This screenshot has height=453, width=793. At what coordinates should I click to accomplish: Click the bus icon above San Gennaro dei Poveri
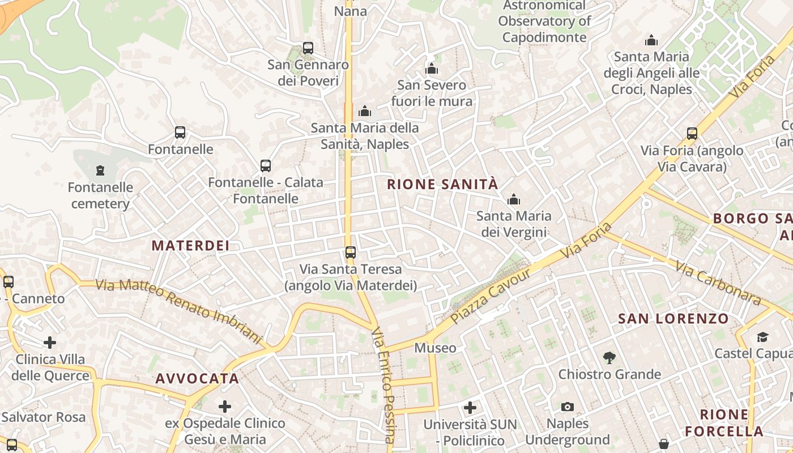(x=308, y=48)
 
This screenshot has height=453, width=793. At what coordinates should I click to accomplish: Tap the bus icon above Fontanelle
(x=180, y=133)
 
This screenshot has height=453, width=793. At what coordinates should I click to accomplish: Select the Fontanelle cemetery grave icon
(x=100, y=170)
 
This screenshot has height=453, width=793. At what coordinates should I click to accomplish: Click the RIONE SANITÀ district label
(x=442, y=184)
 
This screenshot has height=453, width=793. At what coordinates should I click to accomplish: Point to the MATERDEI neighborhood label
(x=191, y=245)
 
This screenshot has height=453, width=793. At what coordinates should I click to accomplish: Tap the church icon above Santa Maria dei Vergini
(x=514, y=199)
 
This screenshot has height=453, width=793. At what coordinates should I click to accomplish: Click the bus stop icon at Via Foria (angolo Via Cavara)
(x=692, y=134)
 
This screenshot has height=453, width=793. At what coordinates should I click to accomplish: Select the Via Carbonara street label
(x=717, y=283)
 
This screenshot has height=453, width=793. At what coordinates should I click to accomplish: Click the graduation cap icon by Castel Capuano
(x=762, y=337)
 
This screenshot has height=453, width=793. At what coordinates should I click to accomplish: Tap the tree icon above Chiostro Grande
(x=609, y=358)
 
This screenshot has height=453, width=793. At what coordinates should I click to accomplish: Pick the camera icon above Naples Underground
(x=568, y=407)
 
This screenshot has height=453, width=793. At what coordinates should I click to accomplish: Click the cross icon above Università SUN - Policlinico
(x=470, y=408)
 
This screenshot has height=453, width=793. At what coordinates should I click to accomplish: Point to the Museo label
(x=435, y=348)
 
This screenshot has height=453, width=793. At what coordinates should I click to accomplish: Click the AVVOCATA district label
(x=197, y=379)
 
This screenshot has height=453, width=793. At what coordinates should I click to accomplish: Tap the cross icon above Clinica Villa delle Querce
(x=50, y=343)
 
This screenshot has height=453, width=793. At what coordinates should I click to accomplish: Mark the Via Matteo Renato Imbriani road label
(x=180, y=312)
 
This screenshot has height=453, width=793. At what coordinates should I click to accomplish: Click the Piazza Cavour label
(x=491, y=296)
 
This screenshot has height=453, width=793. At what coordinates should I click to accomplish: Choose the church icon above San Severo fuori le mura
(x=432, y=69)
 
